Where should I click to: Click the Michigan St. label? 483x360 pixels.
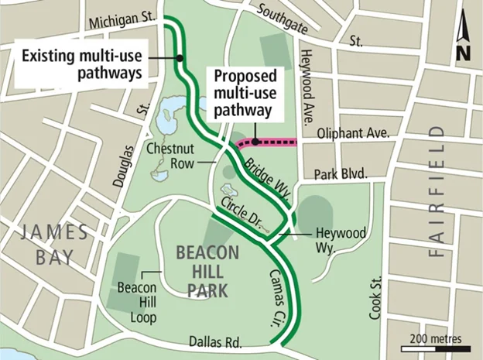click(122, 17)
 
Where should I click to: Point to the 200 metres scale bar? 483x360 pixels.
click(432, 347)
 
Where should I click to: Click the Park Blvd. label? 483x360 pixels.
click(341, 173)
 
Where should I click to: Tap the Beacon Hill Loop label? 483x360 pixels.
click(137, 303)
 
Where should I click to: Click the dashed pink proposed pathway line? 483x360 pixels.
click(271, 142)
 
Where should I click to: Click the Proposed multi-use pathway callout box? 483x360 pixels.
click(242, 93)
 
